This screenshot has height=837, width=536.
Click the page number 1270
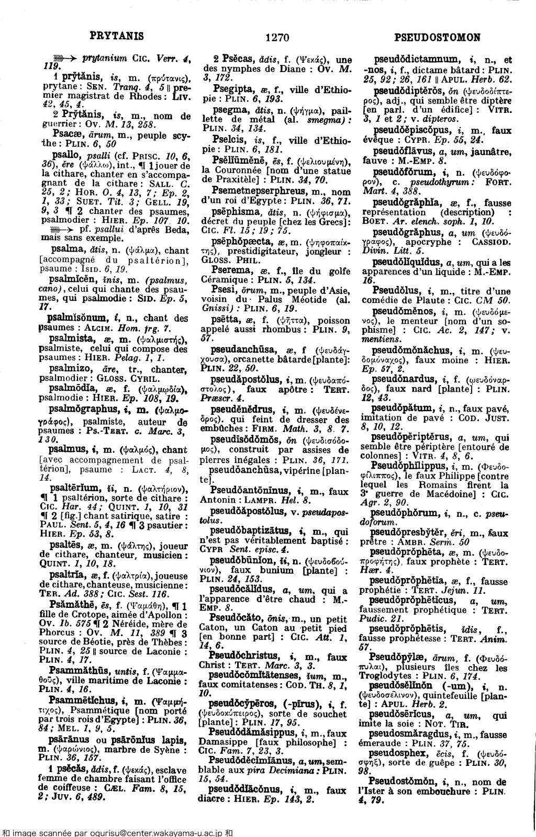277,37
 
